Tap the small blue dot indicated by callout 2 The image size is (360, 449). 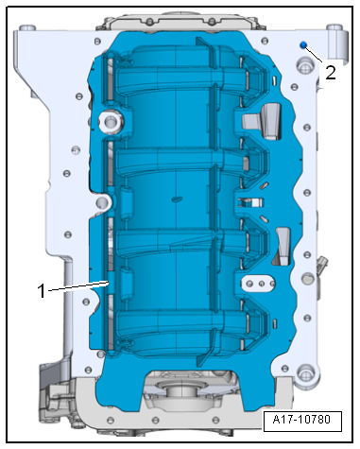click(301, 46)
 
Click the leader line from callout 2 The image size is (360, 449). click(315, 56)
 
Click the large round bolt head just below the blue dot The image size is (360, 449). click(303, 67)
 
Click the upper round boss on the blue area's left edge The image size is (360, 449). click(107, 120)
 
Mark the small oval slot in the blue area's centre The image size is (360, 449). click(178, 199)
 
